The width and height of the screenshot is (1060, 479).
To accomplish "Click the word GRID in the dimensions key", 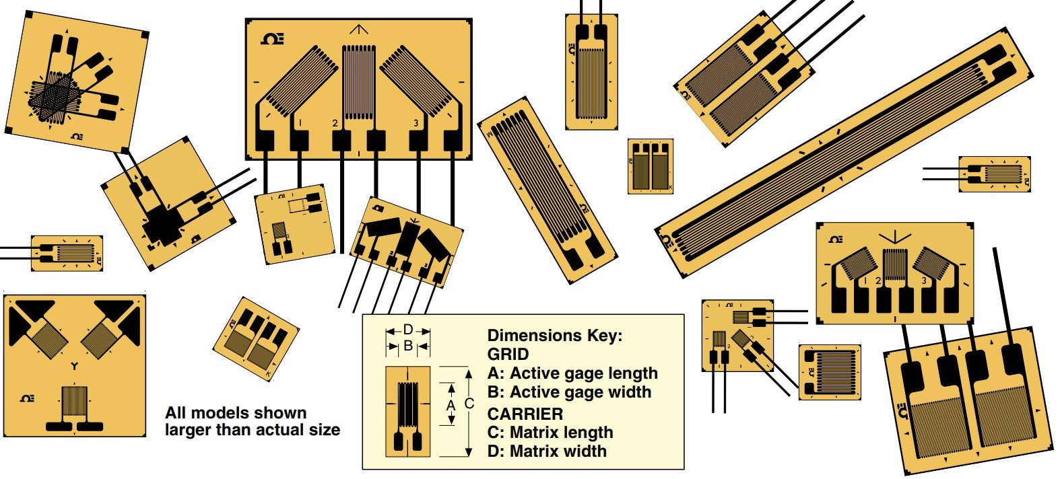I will pyautogui.click(x=508, y=354).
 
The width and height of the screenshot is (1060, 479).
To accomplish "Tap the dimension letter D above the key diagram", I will pyautogui.click(x=407, y=330).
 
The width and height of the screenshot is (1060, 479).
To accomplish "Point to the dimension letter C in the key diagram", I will pyautogui.click(x=469, y=404).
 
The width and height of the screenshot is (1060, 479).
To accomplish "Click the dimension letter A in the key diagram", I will pyautogui.click(x=451, y=404).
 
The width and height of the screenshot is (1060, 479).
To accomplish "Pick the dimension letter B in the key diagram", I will pyautogui.click(x=407, y=346).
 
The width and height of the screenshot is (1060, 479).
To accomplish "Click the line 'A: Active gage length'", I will pyautogui.click(x=572, y=373).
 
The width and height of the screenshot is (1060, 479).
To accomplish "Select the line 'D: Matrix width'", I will pyautogui.click(x=546, y=451).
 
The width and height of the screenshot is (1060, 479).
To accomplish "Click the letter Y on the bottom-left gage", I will pyautogui.click(x=74, y=367).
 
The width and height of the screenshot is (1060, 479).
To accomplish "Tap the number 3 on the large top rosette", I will pyautogui.click(x=416, y=123).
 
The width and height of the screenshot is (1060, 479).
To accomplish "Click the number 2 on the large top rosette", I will pyautogui.click(x=335, y=123).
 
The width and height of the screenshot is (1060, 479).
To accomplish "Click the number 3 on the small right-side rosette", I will pyautogui.click(x=923, y=281).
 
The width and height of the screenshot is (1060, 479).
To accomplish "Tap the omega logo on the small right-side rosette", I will pyautogui.click(x=835, y=239).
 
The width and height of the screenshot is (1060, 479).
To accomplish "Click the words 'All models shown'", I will pyautogui.click(x=236, y=413).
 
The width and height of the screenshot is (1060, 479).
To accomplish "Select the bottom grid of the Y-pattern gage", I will pyautogui.click(x=74, y=404).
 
